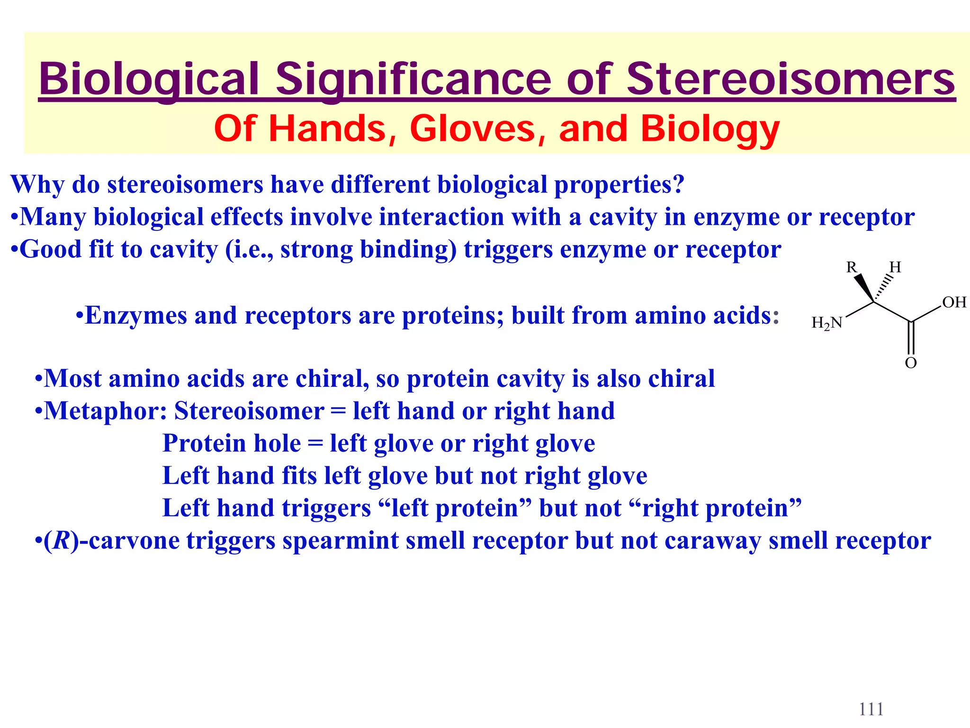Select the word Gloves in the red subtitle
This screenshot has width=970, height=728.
pos(472,128)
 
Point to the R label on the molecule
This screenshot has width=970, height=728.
pos(852,267)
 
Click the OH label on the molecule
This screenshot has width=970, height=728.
pos(954,302)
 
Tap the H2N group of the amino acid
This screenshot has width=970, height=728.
pos(827,323)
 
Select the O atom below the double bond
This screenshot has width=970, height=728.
pos(910,363)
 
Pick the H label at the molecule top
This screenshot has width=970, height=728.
pos(895,267)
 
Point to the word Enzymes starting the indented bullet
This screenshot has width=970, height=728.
pos(136,316)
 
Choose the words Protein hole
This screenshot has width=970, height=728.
pos(232,444)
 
